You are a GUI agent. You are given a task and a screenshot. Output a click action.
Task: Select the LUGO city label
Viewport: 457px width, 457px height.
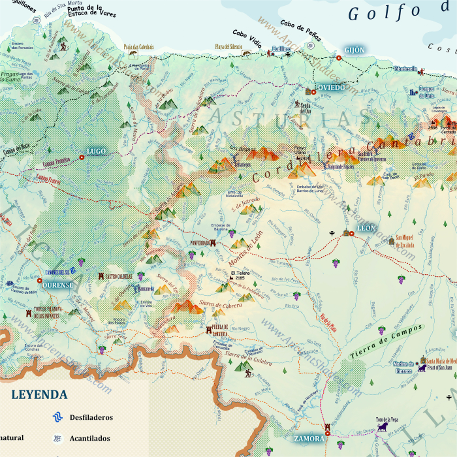pyautogui.click(x=96, y=151)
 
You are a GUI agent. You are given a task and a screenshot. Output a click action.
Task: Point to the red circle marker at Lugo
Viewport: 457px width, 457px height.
pyautogui.click(x=82, y=157)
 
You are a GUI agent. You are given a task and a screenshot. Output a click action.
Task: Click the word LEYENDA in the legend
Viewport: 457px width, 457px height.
pyautogui.click(x=39, y=395)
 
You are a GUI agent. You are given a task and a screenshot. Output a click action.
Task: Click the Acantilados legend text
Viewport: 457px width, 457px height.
pyautogui.click(x=90, y=438)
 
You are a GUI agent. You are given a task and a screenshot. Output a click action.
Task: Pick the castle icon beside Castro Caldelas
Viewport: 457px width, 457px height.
pyautogui.click(x=101, y=276)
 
